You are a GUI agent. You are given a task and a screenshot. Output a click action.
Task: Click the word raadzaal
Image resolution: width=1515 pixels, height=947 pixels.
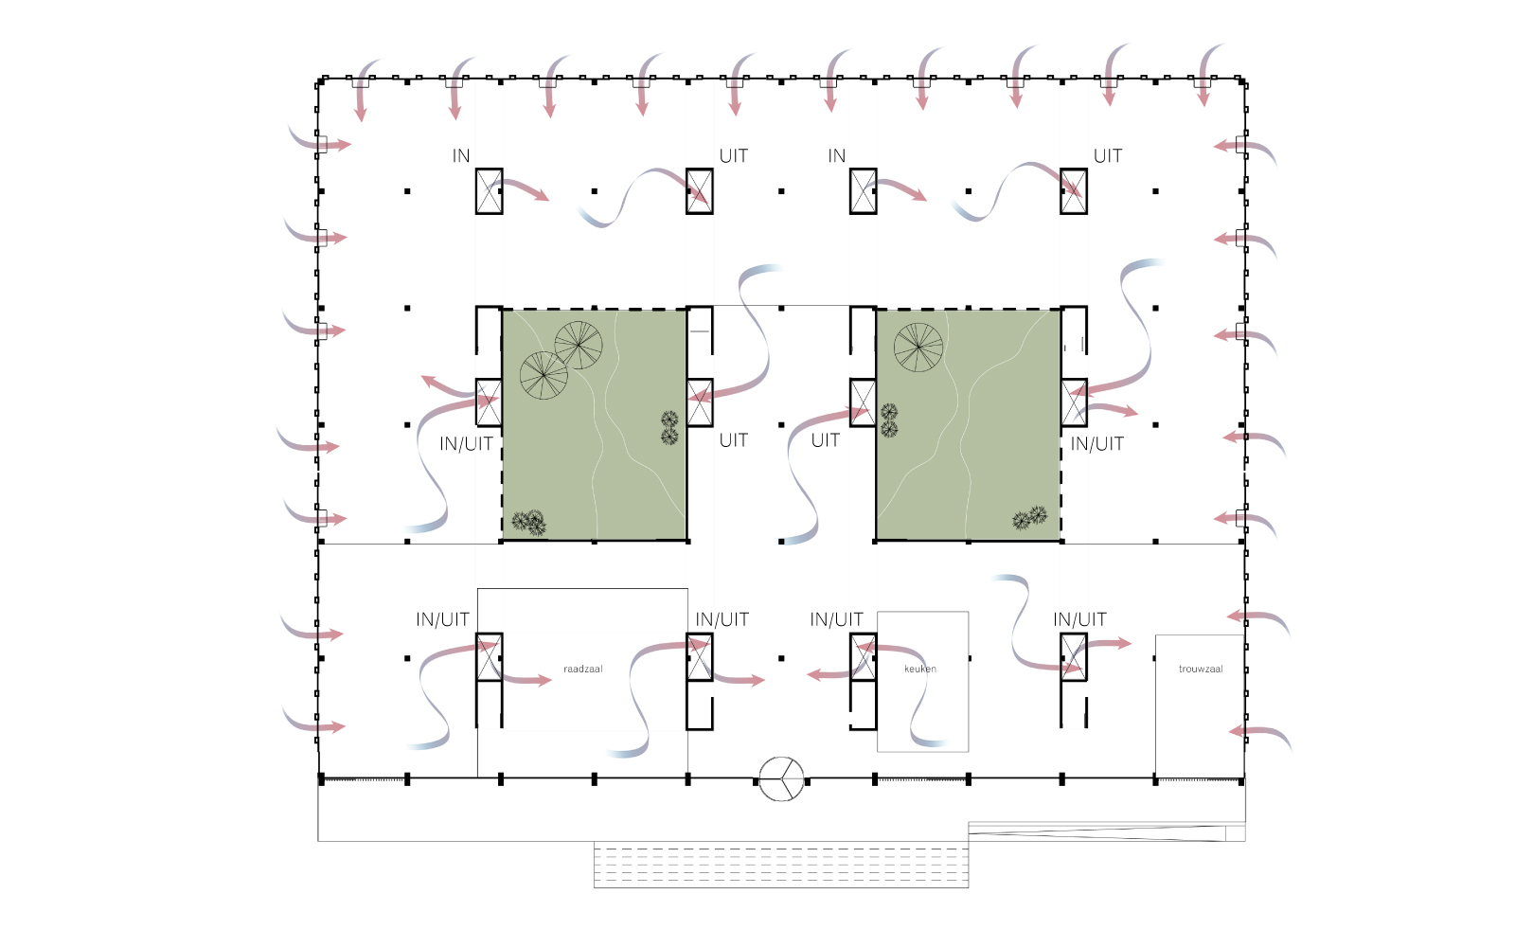tap(582, 669)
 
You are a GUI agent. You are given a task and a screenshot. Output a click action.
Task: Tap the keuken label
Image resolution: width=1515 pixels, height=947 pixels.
tap(919, 669)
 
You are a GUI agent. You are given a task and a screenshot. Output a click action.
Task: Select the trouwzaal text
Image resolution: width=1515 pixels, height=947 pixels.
tap(1201, 669)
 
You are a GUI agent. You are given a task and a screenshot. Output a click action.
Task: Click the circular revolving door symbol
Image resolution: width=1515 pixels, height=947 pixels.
tap(781, 779)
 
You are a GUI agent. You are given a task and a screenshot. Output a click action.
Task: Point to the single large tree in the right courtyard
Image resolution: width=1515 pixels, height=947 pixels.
tap(918, 347)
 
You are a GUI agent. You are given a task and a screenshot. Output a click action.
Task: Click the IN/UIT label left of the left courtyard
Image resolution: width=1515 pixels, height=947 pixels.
tap(466, 444)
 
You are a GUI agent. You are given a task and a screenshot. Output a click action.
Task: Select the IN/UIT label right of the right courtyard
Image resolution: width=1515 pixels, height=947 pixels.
tap(1096, 444)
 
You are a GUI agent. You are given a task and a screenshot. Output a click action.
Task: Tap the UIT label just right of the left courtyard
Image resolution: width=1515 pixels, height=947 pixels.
tap(733, 440)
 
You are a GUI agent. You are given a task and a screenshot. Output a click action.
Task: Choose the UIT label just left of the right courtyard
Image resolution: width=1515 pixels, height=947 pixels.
tap(825, 440)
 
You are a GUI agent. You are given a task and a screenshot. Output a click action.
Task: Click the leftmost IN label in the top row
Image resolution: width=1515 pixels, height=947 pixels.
tap(460, 155)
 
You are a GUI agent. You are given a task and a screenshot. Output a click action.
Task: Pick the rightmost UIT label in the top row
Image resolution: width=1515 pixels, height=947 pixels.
tap(1107, 155)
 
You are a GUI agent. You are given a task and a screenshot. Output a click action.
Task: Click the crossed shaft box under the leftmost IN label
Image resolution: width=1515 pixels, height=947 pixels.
tap(489, 191)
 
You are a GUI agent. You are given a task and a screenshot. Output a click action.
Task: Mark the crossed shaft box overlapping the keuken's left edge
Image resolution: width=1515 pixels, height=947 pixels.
tap(863, 657)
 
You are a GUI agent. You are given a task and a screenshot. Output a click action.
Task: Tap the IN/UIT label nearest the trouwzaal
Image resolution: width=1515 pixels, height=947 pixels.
tap(1079, 619)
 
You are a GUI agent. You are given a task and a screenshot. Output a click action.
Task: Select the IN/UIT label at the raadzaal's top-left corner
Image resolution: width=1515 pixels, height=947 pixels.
tap(442, 619)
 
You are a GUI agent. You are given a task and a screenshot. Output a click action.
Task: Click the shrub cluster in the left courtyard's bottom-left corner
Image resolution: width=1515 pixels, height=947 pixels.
tap(529, 523)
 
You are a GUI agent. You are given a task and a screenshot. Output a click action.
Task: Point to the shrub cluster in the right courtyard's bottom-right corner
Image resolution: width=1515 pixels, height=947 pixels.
tap(1029, 517)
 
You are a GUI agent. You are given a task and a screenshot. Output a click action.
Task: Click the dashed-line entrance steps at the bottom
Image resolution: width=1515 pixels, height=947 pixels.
tap(781, 865)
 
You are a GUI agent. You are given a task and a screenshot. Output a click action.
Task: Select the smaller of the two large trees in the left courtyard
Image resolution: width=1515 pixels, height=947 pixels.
tap(579, 345)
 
